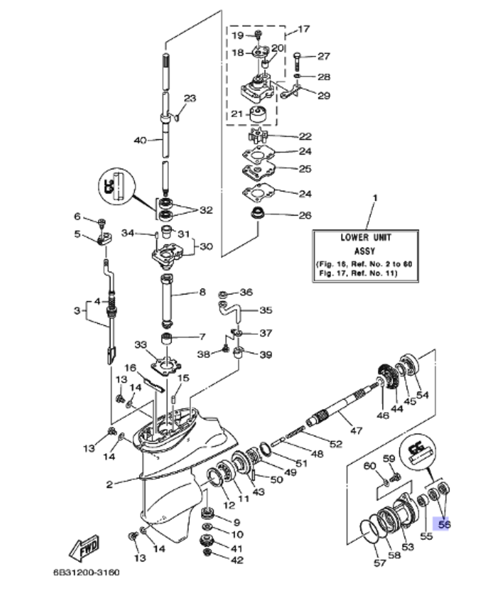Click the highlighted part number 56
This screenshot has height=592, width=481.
tap(443, 524)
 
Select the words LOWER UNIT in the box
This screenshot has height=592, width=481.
tap(366, 237)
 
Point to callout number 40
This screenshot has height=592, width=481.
tap(139, 140)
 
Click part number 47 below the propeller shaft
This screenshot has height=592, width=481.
tap(356, 431)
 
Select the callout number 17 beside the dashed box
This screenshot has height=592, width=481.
tap(304, 29)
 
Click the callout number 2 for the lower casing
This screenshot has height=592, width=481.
tap(109, 484)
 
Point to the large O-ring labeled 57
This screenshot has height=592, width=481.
tap(370, 533)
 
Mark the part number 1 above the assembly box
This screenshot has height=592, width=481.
tap(375, 197)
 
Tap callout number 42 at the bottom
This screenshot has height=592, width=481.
tap(237, 560)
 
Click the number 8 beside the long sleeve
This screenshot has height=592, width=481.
tap(202, 292)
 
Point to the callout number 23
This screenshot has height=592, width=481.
tap(190, 99)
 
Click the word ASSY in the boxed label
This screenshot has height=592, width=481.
tap(366, 251)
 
